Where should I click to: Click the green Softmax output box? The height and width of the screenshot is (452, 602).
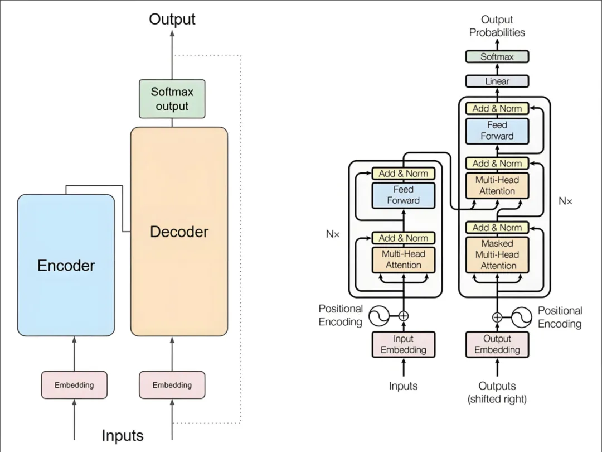pyautogui.click(x=172, y=98)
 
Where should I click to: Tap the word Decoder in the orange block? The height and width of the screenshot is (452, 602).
pyautogui.click(x=179, y=232)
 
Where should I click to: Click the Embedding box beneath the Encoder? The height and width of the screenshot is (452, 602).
pyautogui.click(x=74, y=385)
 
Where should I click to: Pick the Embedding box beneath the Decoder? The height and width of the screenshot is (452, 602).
pyautogui.click(x=172, y=385)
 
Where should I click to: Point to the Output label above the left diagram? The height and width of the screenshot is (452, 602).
pyautogui.click(x=172, y=20)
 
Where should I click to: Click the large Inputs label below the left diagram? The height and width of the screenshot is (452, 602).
pyautogui.click(x=123, y=436)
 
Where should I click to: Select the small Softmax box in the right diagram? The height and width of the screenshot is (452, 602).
pyautogui.click(x=497, y=57)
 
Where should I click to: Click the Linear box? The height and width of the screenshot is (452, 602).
pyautogui.click(x=497, y=81)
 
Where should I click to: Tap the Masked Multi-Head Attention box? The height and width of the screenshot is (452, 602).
pyautogui.click(x=497, y=254)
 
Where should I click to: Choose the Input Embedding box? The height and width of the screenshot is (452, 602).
pyautogui.click(x=403, y=344)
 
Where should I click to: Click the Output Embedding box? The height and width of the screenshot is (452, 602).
pyautogui.click(x=497, y=344)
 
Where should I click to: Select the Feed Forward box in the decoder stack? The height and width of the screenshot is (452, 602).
pyautogui.click(x=497, y=131)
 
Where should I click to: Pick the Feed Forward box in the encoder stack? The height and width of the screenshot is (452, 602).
pyautogui.click(x=403, y=195)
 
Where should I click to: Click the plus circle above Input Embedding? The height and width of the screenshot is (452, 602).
pyautogui.click(x=403, y=316)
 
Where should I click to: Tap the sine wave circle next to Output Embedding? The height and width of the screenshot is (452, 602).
pyautogui.click(x=522, y=316)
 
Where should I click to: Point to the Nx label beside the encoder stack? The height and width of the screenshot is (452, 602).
pyautogui.click(x=333, y=234)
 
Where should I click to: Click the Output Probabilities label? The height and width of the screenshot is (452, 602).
pyautogui.click(x=497, y=26)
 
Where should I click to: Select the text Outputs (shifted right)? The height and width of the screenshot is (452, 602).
pyautogui.click(x=497, y=392)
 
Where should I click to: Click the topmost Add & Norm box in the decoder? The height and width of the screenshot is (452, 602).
pyautogui.click(x=497, y=109)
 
